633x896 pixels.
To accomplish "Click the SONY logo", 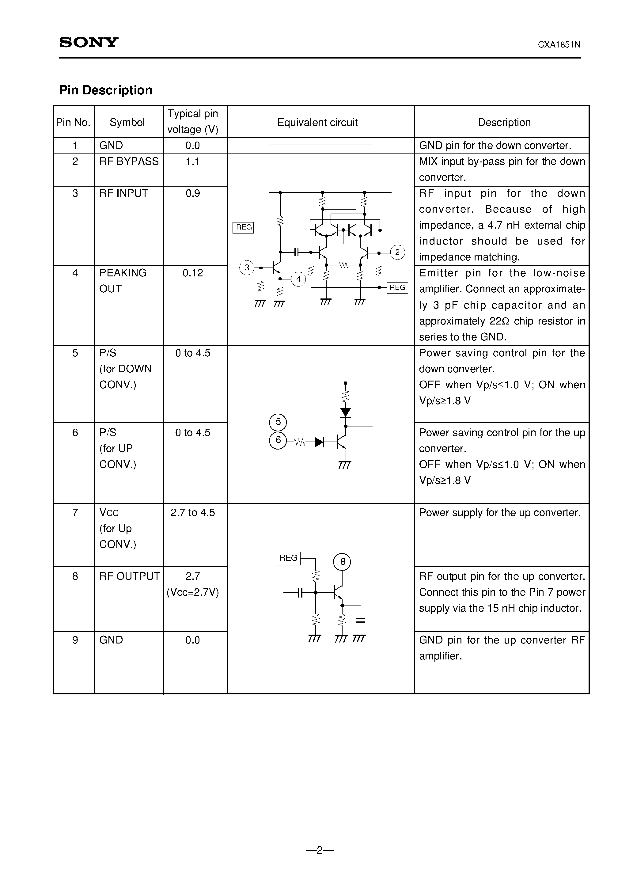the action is click(x=89, y=42).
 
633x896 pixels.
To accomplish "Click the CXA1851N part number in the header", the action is click(x=559, y=45).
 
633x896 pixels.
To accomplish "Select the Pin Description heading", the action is click(x=106, y=90).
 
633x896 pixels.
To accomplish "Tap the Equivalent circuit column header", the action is click(x=317, y=123).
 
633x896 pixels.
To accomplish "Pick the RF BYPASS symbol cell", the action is click(x=129, y=161).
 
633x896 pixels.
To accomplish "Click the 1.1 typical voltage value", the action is click(x=192, y=161).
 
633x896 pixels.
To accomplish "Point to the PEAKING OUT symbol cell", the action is click(x=123, y=281).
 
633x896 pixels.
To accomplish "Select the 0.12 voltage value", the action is click(x=192, y=273).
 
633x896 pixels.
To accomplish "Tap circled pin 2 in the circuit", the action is click(x=397, y=252).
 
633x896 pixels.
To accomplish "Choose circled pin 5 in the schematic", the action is click(x=278, y=422).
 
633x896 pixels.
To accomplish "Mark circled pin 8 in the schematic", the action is click(x=342, y=562).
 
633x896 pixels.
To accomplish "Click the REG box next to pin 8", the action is click(x=288, y=558).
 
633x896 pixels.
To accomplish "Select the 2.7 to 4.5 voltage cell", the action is click(x=192, y=512).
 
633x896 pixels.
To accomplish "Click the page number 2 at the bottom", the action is click(x=319, y=850).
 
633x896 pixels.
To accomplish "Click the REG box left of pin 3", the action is click(x=244, y=227).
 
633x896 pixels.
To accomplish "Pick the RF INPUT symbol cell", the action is click(x=123, y=193).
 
